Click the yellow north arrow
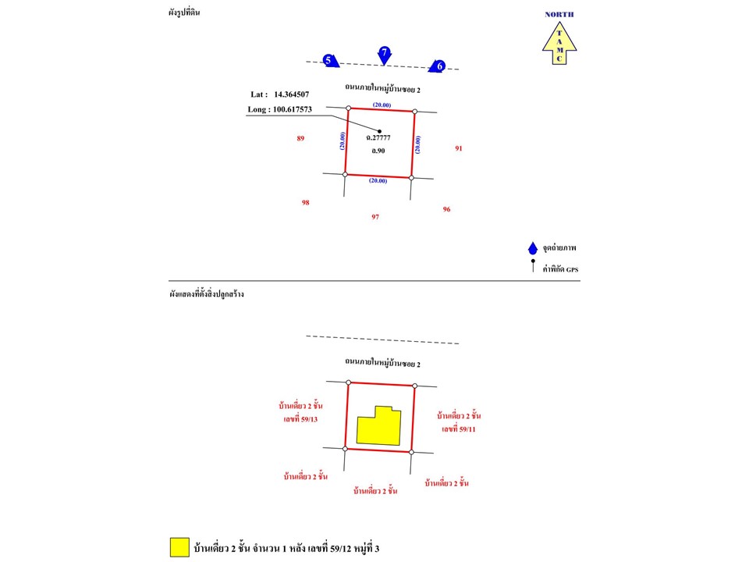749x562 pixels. tap(559, 43)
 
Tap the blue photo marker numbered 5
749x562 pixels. tap(331, 60)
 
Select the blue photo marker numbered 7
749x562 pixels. tap(385, 55)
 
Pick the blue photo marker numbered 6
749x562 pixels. tap(437, 66)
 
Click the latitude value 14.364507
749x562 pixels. tap(291, 94)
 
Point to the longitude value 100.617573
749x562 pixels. tap(293, 109)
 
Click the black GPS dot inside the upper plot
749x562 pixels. tap(380, 131)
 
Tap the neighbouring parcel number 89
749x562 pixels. tap(300, 139)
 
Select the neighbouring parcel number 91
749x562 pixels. tap(459, 148)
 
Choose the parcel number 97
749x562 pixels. tap(375, 217)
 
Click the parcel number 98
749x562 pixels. tap(306, 203)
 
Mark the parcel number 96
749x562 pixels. tap(446, 209)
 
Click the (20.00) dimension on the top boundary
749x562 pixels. tap(382, 105)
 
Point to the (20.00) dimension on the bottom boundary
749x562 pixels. tap(378, 180)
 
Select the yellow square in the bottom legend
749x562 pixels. tap(179, 547)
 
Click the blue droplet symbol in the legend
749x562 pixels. tap(533, 248)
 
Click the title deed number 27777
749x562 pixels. tap(381, 137)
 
